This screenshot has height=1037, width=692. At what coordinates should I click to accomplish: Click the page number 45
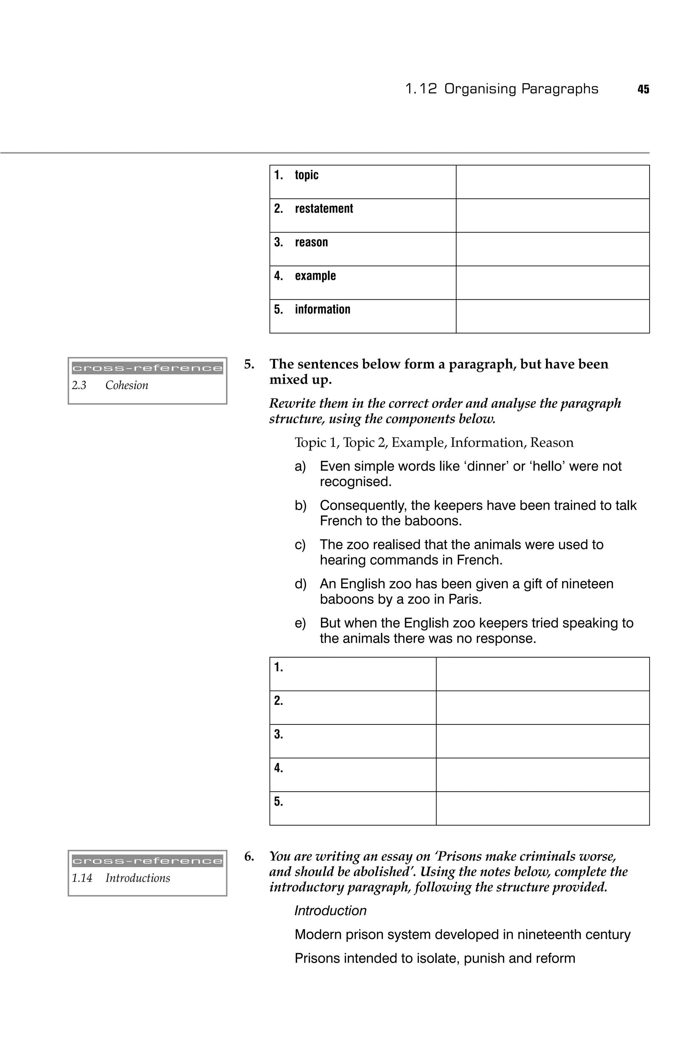(643, 89)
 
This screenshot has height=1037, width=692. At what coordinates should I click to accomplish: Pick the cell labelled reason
(311, 242)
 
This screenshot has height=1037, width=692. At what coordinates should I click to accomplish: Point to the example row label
(315, 276)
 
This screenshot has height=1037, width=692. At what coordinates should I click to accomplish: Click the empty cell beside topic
(552, 182)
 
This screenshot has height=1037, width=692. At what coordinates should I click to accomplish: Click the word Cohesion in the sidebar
(127, 385)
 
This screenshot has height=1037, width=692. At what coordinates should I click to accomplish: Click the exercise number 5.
(249, 364)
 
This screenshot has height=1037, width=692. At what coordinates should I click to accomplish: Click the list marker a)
(300, 467)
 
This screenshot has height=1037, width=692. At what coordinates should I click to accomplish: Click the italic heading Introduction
(330, 910)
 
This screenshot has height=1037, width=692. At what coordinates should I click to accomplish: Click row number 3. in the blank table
(278, 734)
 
